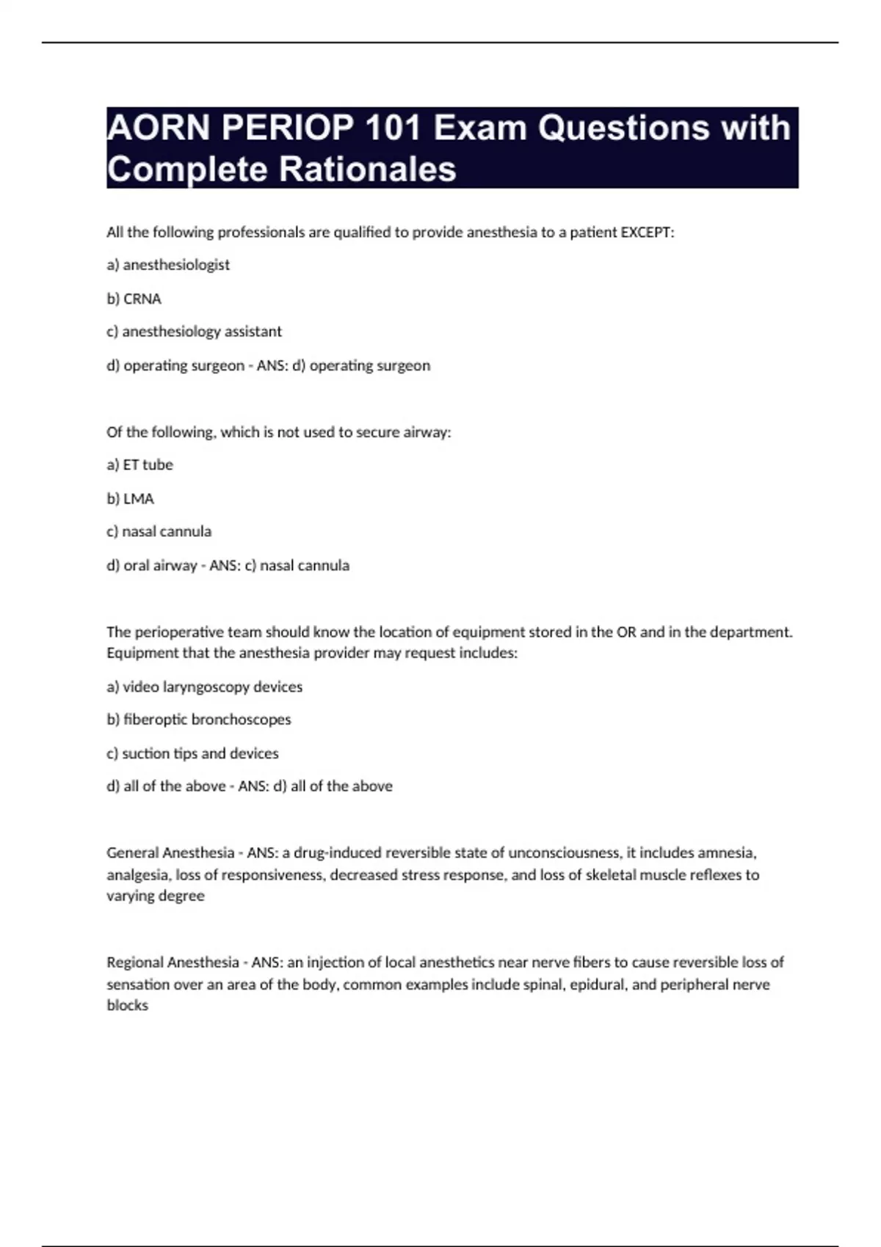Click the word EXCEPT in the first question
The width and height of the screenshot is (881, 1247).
click(646, 233)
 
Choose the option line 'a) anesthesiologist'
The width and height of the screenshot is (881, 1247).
click(168, 265)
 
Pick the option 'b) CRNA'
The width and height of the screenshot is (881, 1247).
click(134, 299)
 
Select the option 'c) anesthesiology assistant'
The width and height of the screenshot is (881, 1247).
click(194, 332)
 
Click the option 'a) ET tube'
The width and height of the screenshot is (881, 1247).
click(139, 465)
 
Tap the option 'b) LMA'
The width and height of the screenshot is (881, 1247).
click(130, 499)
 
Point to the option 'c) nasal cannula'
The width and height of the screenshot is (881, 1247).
click(159, 531)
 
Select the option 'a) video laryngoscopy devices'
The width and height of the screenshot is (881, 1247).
click(204, 687)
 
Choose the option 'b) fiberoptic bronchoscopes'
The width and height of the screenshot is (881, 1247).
click(198, 720)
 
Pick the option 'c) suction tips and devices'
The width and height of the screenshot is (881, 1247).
click(192, 753)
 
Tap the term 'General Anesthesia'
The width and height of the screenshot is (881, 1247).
click(170, 853)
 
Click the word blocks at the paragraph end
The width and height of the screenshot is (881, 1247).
click(127, 1006)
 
